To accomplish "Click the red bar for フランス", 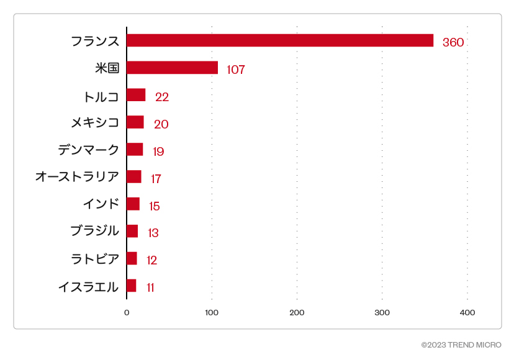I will pos(279,40).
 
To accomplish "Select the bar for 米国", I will pos(172,68).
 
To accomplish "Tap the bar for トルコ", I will pos(136,95).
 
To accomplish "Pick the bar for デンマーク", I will pos(135,149).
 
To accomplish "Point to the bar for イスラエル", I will pos(131,286).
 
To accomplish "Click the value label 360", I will pos(453,42).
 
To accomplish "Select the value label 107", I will pos(236,70).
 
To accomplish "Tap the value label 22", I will pos(162,97).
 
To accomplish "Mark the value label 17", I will pos(156,179).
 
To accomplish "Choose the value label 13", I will pos(153,233).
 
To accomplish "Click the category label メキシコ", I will pos(95,122).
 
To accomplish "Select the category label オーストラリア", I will pos(77,177).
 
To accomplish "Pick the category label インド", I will pos(101,204).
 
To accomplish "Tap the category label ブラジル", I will pos(95,231).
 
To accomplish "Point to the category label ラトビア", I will pos(95,259).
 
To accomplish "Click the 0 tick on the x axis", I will pos(127,313).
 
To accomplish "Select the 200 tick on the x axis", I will pos(297,313).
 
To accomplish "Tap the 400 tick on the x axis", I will pos(467,313).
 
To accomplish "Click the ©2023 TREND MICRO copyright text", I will pos(461,344).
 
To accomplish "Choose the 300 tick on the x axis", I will pos(382,313).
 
